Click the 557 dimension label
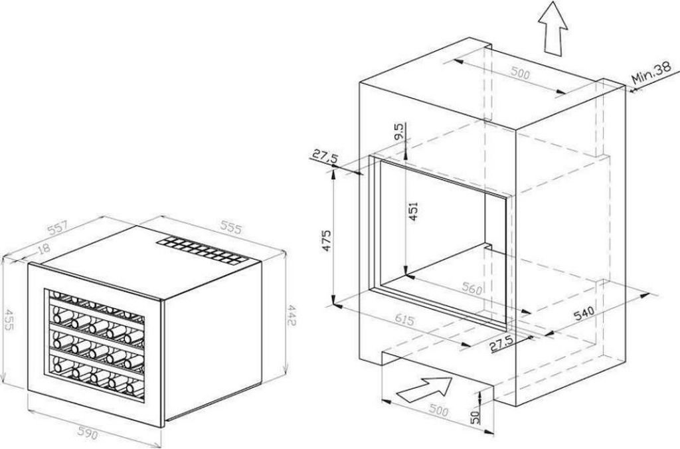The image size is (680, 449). pos(58,228)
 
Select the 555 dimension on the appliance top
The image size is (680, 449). pos(230,228)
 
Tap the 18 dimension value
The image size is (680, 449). pos(43,250)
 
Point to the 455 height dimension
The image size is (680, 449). pos(8,319)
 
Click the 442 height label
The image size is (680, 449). pos(292,315)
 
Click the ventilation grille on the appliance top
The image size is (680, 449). pos(203,250)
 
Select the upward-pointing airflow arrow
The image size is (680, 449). pos(553,28)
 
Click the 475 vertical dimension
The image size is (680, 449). pos(326,240)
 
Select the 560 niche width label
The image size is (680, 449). pos(472,288)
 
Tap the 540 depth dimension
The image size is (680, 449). pos(584,312)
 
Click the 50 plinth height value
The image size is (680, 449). pos(475,417)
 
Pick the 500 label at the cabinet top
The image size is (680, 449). pos(520,73)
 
